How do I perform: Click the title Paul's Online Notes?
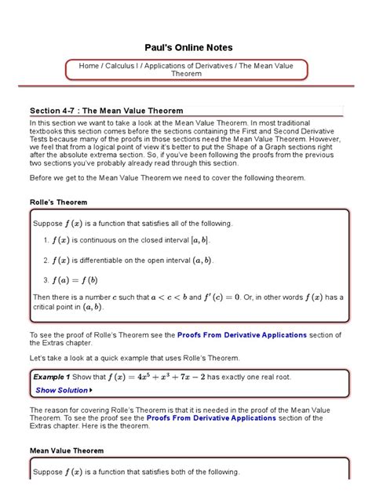point(186,47)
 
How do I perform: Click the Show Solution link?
point(61,390)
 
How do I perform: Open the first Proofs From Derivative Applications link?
point(242,335)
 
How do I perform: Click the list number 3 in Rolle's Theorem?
point(46,279)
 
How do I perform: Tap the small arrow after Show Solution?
point(92,390)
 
